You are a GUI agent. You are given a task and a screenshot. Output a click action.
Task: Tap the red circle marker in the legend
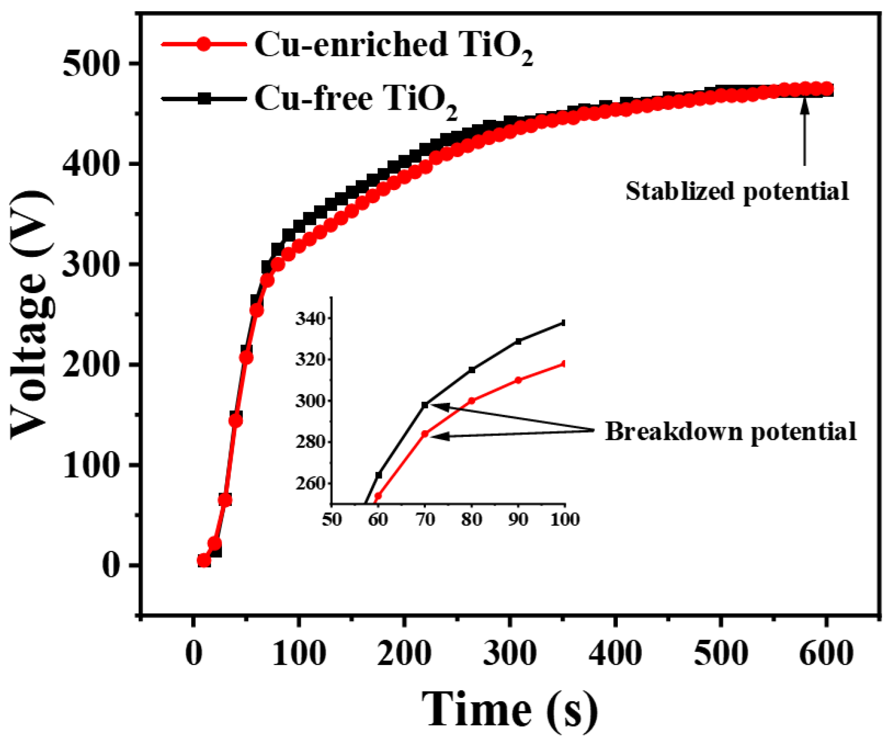[203, 45]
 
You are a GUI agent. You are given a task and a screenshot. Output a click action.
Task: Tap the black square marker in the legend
[204, 99]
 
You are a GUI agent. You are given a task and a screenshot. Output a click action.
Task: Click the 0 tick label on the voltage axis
[111, 565]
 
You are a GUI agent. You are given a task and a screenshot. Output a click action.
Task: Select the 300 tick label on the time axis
[510, 653]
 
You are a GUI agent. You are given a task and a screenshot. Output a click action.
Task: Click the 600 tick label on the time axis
[826, 653]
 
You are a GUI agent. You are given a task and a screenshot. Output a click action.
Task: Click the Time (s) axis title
[510, 710]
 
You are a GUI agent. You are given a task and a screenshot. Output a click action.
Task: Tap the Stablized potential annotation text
[737, 191]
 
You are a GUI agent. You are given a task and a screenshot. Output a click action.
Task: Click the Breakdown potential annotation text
[730, 432]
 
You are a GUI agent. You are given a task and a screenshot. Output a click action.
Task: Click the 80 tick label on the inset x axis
[471, 519]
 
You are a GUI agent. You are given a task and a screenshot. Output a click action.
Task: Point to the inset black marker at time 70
[425, 405]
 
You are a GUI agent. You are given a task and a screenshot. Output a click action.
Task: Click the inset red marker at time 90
[518, 380]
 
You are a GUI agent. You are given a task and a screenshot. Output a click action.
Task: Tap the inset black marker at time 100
[564, 323]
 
